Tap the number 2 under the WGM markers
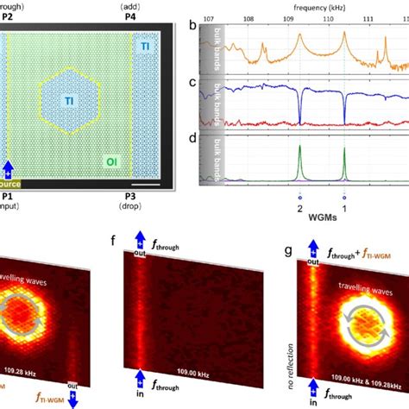(x=299, y=209)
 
